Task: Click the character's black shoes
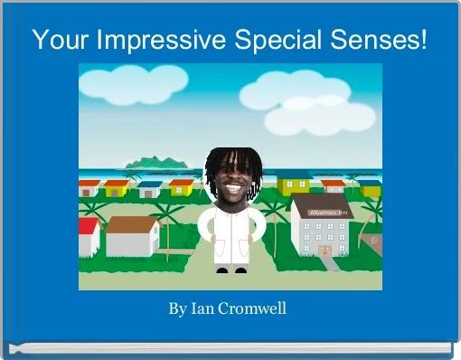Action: (x=230, y=269)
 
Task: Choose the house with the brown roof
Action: (x=132, y=235)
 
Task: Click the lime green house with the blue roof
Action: (x=295, y=185)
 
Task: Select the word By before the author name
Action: (x=177, y=309)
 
